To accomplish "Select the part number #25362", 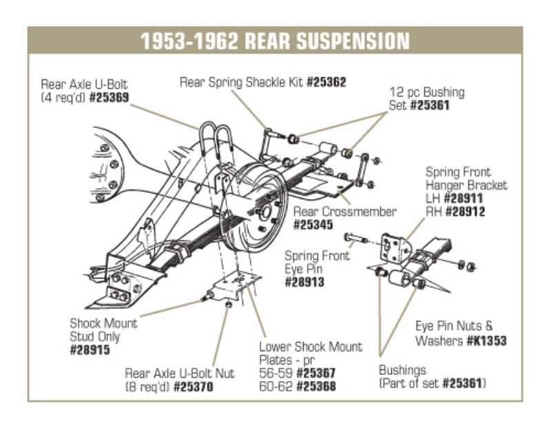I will [x=326, y=82].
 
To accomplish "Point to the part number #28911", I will [x=466, y=198].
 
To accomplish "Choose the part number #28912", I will [x=466, y=212].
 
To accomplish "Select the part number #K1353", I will [x=486, y=340].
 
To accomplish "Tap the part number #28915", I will [x=91, y=350].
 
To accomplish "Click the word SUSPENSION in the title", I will [x=352, y=41].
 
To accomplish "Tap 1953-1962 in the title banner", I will [x=185, y=41].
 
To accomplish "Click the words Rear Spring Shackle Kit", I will [x=241, y=82].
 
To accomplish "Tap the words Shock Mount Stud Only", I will [x=103, y=329].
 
